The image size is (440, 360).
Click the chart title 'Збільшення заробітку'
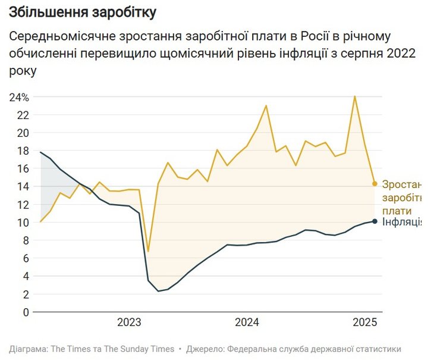[83, 12]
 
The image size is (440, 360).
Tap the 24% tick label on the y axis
[20, 97]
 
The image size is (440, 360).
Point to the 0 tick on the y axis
[26, 312]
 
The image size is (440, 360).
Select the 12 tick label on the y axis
[23, 205]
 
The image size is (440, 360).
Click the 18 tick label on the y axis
[23, 151]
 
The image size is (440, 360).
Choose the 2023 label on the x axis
[129, 323]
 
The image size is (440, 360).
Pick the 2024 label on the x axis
[247, 323]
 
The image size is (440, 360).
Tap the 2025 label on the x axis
[366, 323]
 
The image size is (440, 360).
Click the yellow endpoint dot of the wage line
[375, 184]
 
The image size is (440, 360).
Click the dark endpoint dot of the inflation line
[375, 221]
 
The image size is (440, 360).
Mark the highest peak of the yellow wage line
[355, 96]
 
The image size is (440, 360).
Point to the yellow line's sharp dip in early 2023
[148, 251]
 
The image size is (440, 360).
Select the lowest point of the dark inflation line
[158, 291]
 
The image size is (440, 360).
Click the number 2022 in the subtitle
[399, 54]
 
